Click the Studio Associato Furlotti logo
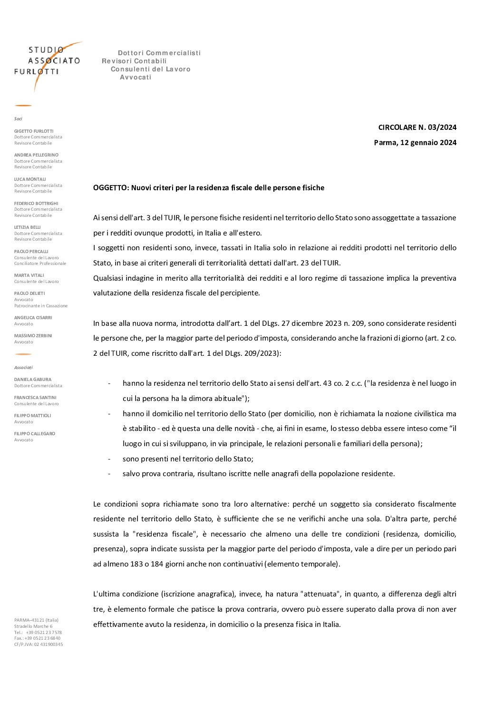(x=47, y=64)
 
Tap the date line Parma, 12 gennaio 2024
(x=415, y=143)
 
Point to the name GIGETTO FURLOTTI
(x=34, y=131)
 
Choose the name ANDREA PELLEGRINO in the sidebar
(x=36, y=155)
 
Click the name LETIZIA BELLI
(x=28, y=227)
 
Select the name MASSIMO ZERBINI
(x=33, y=336)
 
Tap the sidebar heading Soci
(x=18, y=119)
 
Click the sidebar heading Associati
(x=23, y=368)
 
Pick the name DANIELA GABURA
(x=33, y=380)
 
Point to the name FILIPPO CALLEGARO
(x=35, y=434)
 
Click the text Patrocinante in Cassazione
(x=41, y=306)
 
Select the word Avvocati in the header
(x=135, y=78)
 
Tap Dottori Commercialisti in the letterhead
(x=159, y=53)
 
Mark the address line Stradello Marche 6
(x=33, y=626)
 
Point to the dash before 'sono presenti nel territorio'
(x=109, y=459)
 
